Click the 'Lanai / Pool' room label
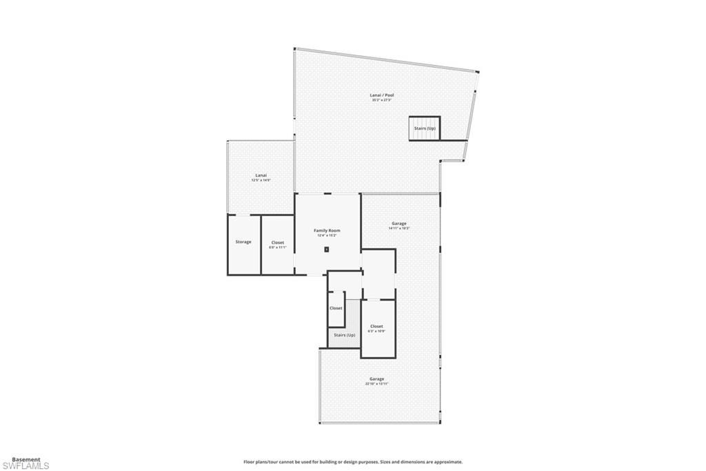[381, 95]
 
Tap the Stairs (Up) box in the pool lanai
[425, 128]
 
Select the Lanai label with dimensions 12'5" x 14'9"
[261, 175]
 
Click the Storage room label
[243, 242]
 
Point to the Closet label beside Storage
[277, 242]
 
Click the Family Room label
[327, 230]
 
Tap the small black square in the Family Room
[327, 249]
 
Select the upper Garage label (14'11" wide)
[399, 223]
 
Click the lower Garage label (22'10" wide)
[376, 378]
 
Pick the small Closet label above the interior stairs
[336, 308]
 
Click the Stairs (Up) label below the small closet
[344, 335]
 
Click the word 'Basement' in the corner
[26, 459]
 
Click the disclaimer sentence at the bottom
[352, 462]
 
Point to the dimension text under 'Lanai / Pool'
[381, 100]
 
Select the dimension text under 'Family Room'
[327, 236]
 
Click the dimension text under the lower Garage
[376, 384]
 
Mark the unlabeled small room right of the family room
[379, 273]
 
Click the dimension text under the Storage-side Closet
[277, 247]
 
